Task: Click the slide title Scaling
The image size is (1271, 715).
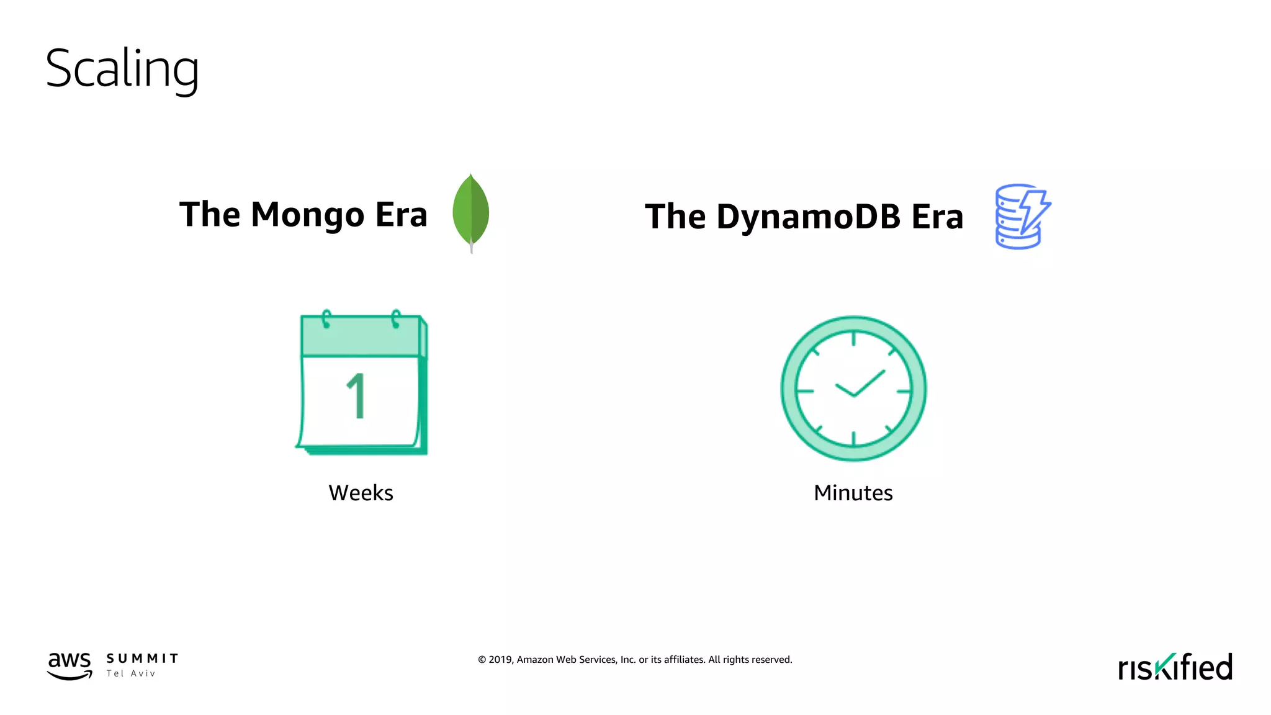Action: [x=122, y=70]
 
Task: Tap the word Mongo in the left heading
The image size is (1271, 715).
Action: [x=307, y=215]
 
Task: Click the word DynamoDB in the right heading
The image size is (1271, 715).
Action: [x=808, y=217]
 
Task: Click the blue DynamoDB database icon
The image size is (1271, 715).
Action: [x=1021, y=217]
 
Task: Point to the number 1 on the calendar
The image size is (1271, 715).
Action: [x=357, y=396]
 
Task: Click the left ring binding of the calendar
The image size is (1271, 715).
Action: [x=326, y=319]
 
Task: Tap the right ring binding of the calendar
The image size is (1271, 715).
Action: [x=395, y=319]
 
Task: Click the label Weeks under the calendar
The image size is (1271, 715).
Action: [x=361, y=493]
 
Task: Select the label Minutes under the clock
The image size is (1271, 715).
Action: [x=853, y=493]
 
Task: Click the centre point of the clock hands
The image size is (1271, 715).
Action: [x=854, y=395]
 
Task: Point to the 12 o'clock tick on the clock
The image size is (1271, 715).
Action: [x=854, y=338]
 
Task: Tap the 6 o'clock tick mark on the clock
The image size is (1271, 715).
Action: [x=854, y=439]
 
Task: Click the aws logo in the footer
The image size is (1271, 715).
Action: [x=70, y=665]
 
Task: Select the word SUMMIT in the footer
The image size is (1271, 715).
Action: [x=142, y=659]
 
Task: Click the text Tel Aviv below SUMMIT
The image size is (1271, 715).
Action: [x=131, y=673]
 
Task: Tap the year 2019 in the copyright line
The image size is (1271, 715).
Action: [x=500, y=660]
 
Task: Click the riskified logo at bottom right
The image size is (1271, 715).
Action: [x=1175, y=667]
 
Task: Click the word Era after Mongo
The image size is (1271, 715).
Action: [x=401, y=215]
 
